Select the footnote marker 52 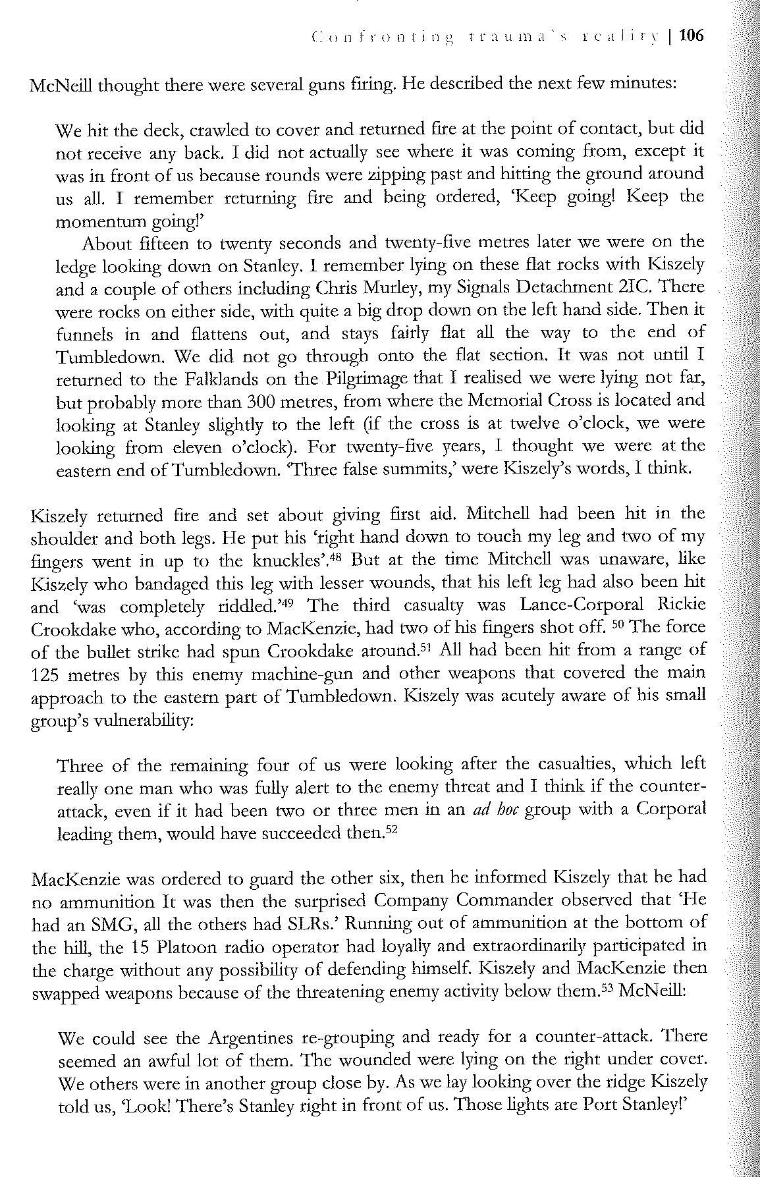coord(393,830)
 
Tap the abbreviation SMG coord(104,923)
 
